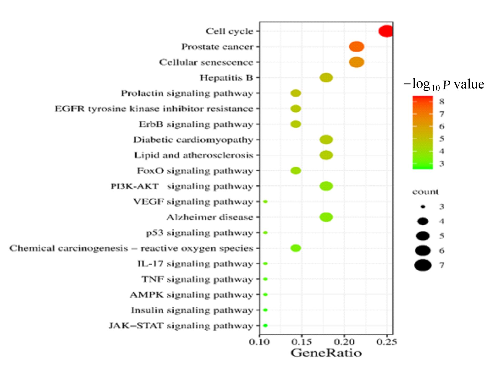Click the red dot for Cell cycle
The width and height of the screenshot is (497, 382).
coord(386,31)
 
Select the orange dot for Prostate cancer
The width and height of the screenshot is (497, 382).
coord(356,47)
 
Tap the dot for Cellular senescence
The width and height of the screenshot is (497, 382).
coord(356,62)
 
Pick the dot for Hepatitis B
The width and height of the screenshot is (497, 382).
coord(326,78)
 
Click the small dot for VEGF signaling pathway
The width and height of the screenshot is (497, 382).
coord(265,202)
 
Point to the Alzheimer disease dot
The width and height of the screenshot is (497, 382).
coord(326,217)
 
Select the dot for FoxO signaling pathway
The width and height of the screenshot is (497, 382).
coord(296,171)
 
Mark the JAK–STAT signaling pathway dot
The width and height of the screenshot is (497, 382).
coord(265,326)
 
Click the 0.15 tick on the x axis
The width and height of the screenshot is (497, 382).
coord(302,342)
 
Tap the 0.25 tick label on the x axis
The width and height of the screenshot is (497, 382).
coord(387,342)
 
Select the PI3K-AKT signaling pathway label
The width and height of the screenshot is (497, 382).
coord(182,186)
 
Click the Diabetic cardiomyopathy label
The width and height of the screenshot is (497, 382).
coord(193,140)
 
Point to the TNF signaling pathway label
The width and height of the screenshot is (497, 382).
coord(197,279)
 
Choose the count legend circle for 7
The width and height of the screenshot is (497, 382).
coord(423,265)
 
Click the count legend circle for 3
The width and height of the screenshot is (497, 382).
coord(423,207)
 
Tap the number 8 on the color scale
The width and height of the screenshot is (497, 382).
coord(442,101)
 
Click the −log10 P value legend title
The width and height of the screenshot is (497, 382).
coord(444,85)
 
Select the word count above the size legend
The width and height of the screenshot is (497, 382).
coord(425,192)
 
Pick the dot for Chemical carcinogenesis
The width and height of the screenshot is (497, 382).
coord(296,248)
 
